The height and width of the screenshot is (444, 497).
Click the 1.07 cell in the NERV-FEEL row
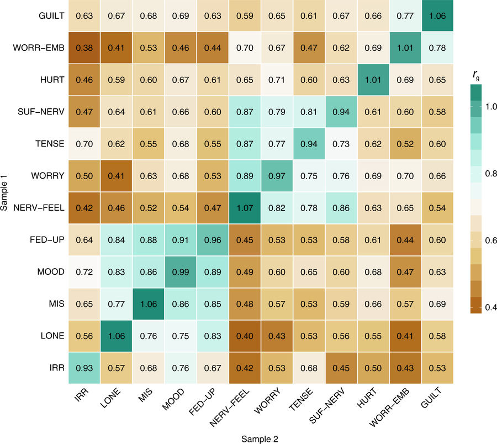click(x=245, y=208)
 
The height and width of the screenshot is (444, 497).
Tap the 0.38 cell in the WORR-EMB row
click(x=84, y=48)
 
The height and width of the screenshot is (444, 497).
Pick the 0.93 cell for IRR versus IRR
click(x=84, y=368)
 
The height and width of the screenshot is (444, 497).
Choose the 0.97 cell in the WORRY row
click(x=277, y=176)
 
